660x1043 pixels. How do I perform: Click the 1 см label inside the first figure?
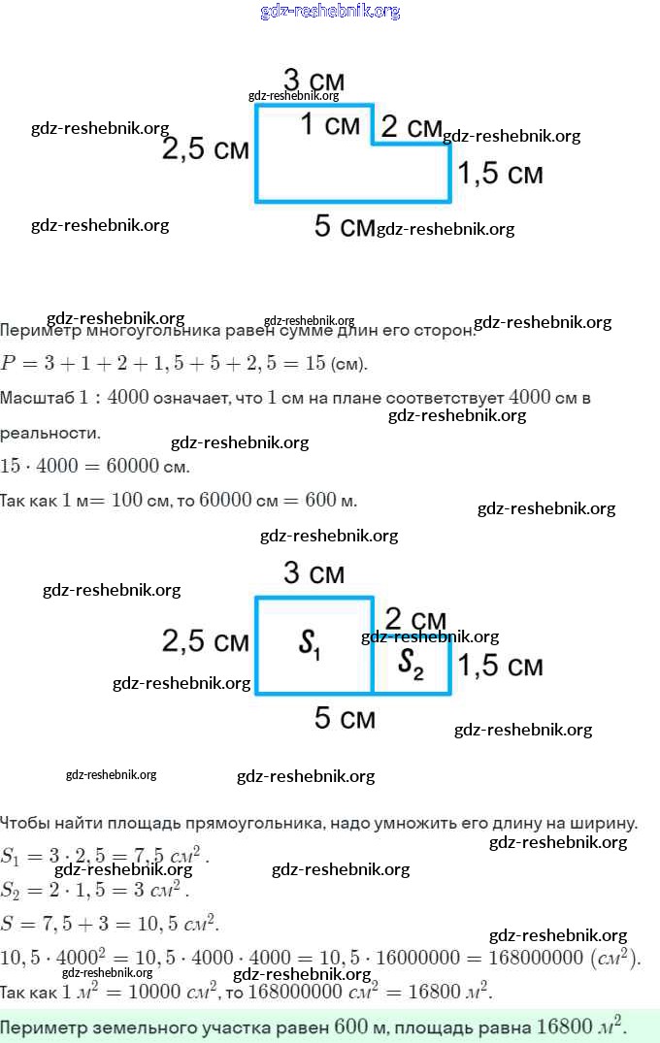(330, 124)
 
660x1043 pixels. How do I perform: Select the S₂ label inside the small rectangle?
(412, 663)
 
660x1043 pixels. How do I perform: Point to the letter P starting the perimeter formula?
(9, 364)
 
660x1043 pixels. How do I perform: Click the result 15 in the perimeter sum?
(315, 364)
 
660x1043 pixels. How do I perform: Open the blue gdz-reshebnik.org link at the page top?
(330, 12)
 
